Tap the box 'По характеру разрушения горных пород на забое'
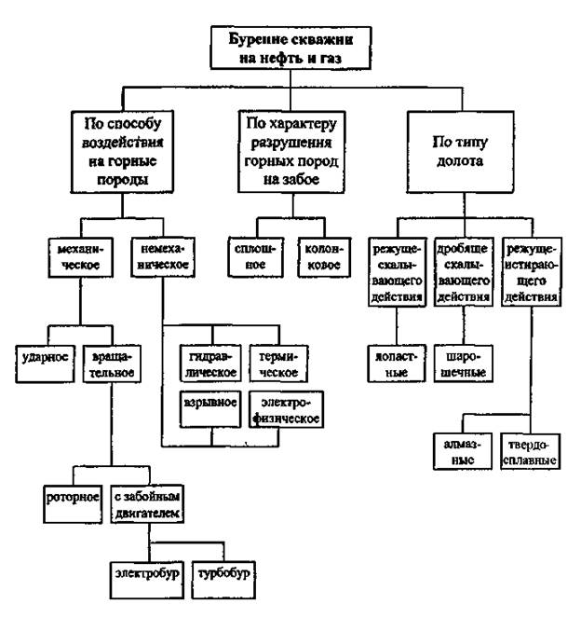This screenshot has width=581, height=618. click(x=290, y=153)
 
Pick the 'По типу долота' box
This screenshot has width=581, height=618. click(x=461, y=153)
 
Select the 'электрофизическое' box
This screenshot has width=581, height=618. click(x=286, y=409)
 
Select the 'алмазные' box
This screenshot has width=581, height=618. click(x=460, y=452)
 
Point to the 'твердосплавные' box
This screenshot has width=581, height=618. click(x=529, y=452)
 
